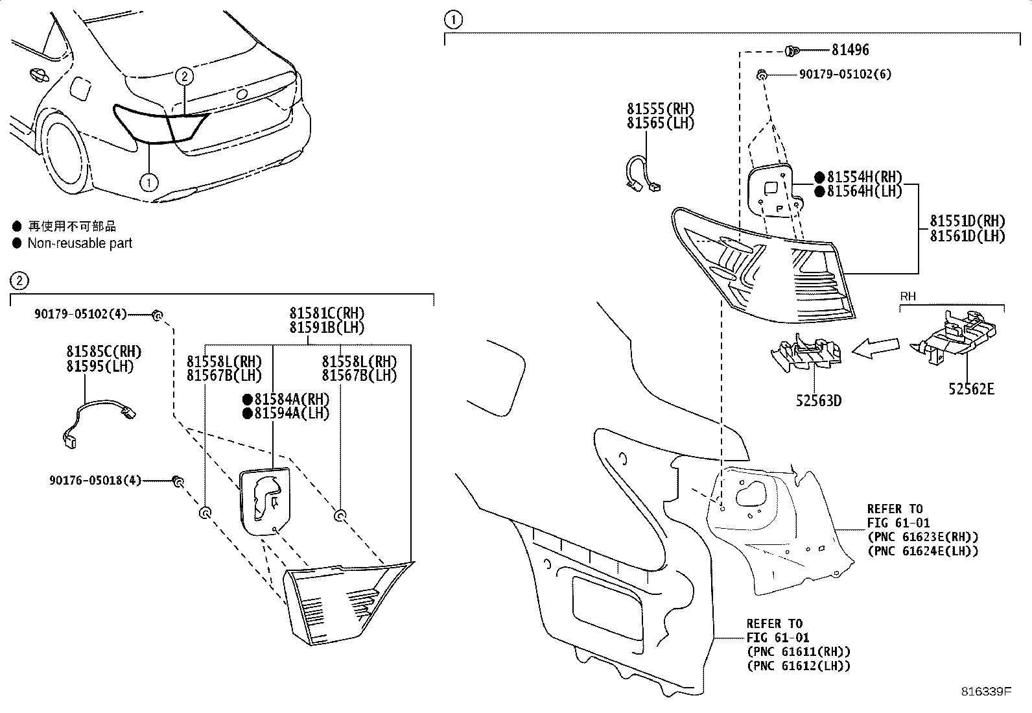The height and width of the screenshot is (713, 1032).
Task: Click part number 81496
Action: [x=850, y=50]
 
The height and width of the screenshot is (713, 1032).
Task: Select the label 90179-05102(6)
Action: [x=845, y=75]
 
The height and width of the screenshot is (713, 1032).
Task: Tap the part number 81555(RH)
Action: [x=660, y=109]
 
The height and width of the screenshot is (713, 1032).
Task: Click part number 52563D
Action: [x=819, y=400]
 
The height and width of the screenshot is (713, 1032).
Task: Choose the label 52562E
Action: [x=971, y=389]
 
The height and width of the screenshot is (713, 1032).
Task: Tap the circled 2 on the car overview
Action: [x=185, y=77]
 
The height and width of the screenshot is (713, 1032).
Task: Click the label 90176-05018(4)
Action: [x=95, y=481]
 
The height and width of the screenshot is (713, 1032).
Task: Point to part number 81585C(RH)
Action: [x=104, y=352]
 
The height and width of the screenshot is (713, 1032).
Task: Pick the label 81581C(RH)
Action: [x=327, y=314]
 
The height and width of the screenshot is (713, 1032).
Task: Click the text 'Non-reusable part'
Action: [x=80, y=243]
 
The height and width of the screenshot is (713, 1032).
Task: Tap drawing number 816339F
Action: [x=985, y=692]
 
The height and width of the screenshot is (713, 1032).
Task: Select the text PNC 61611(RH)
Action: [x=798, y=652]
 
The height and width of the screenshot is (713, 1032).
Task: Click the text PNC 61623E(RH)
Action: [x=922, y=537]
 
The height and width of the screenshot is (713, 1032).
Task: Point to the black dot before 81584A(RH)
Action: [x=247, y=399]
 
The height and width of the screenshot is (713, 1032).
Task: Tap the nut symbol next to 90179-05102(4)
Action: [x=156, y=315]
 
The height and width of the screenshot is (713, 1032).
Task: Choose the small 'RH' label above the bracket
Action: [x=908, y=296]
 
